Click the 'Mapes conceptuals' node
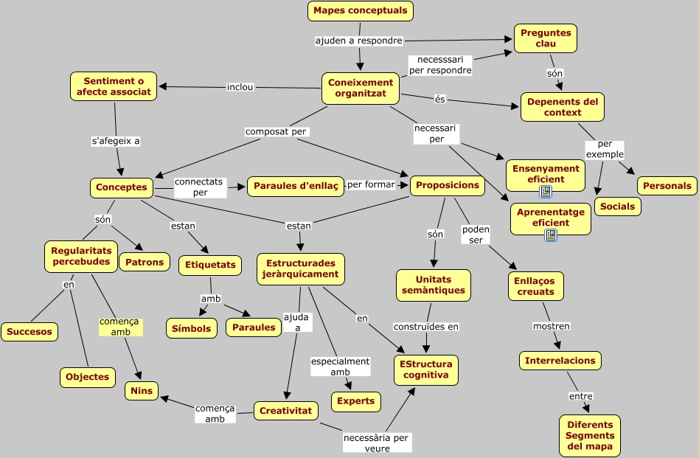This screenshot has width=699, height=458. tap(360, 11)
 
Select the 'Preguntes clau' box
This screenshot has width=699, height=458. tap(545, 38)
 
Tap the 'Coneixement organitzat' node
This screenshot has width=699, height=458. tap(361, 88)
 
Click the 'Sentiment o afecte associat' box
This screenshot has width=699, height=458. tap(114, 86)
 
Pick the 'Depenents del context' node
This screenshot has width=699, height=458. tap(563, 107)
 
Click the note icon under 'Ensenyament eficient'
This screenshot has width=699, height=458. tap(546, 192)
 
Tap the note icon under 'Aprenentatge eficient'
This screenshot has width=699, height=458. tap(551, 235)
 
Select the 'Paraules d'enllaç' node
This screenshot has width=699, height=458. tap(295, 187)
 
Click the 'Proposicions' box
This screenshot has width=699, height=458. tap(447, 185)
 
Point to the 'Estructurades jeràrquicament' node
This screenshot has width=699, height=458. tap(300, 268)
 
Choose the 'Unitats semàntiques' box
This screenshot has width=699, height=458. tap(434, 285)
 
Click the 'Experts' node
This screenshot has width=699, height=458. tap(356, 401)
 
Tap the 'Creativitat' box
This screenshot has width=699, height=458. tap(286, 410)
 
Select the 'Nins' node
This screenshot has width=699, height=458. tap(141, 391)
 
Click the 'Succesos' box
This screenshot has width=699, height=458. tap(29, 332)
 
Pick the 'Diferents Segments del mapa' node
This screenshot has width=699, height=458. tap(589, 436)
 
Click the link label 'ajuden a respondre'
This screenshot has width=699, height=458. tap(359, 40)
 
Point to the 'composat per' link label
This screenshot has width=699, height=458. tap(276, 131)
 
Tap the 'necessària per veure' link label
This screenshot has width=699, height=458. tap(377, 443)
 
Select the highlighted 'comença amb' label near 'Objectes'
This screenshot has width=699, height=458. tap(120, 327)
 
